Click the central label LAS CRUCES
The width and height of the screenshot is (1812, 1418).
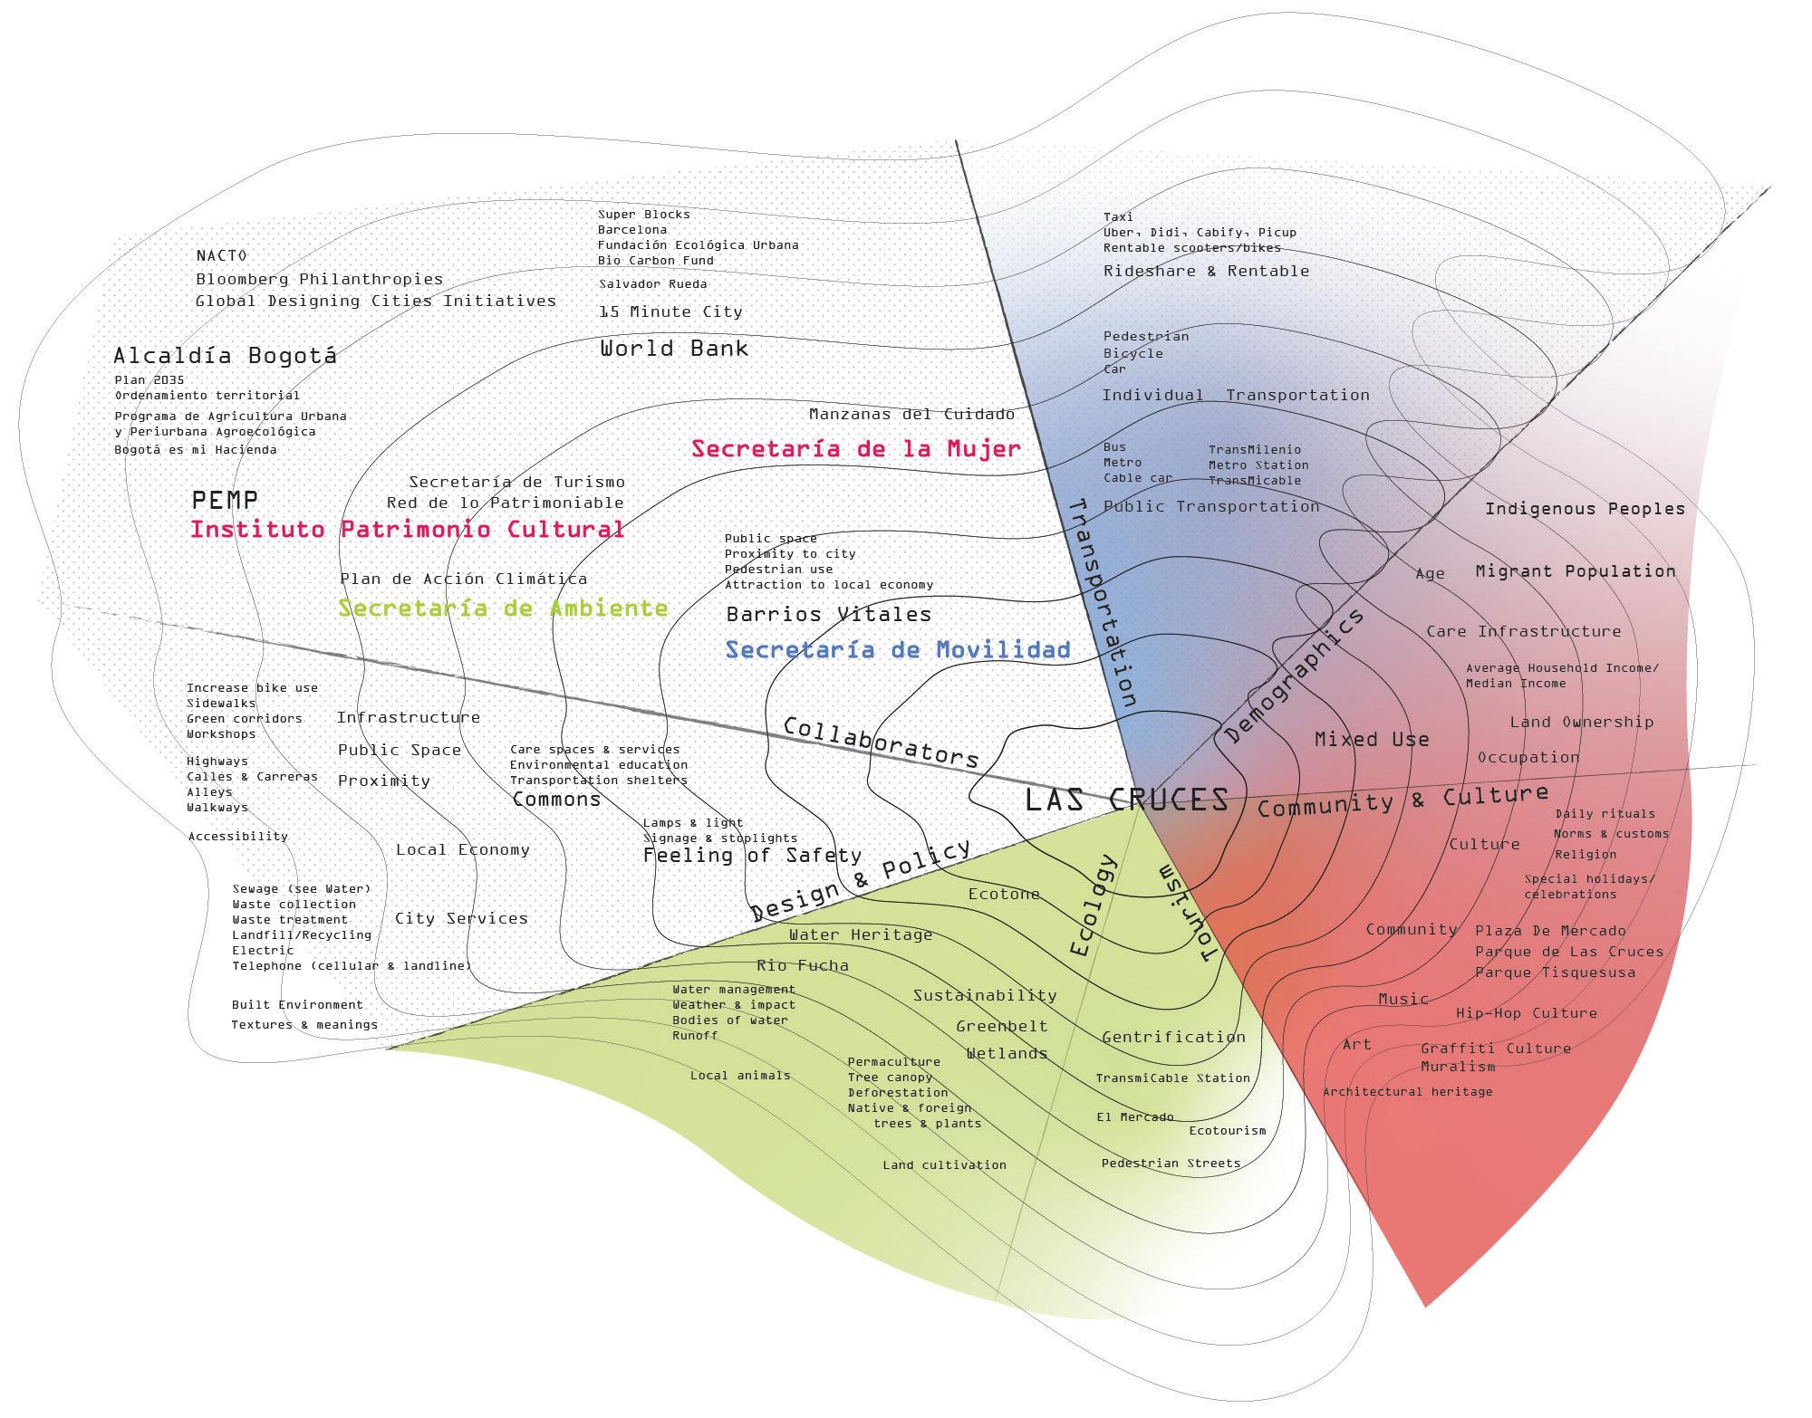[x=1126, y=800]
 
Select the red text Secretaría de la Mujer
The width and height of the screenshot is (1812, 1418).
[x=856, y=448]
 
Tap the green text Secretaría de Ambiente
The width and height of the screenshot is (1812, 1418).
[x=503, y=608]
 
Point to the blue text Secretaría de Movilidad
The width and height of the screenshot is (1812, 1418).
[x=898, y=649]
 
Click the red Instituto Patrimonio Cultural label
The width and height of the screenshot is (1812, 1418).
[x=407, y=529]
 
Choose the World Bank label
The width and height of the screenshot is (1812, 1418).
[x=674, y=348]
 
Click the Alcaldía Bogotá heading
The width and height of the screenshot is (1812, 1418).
[x=225, y=355]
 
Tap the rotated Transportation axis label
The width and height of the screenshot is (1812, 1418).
[x=1103, y=602]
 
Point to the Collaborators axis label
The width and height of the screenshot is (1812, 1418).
[x=881, y=742]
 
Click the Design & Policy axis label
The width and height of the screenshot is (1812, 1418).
[x=860, y=879]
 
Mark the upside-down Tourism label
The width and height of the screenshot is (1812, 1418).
[x=1185, y=915]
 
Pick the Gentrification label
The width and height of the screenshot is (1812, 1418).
[x=1173, y=1037]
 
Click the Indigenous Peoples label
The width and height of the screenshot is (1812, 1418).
[x=1585, y=509]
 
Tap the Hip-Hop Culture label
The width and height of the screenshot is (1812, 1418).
[x=1527, y=1012]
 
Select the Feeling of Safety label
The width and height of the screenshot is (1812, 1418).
[x=752, y=855]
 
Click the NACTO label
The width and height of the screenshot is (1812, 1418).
[x=221, y=255]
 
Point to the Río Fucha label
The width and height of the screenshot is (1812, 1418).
[x=803, y=965]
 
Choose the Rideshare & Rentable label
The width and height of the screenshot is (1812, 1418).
[x=1206, y=271]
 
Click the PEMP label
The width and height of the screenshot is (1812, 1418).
[x=225, y=499]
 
